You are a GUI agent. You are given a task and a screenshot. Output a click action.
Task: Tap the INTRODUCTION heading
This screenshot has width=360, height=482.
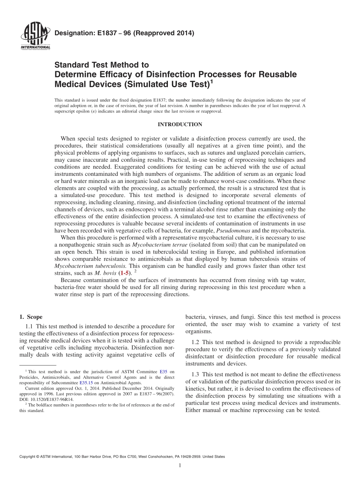[180, 124]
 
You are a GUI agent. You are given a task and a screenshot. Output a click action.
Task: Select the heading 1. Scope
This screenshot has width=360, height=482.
[31, 317]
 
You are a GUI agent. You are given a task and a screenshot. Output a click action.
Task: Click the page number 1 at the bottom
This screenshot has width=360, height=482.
[180, 466]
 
